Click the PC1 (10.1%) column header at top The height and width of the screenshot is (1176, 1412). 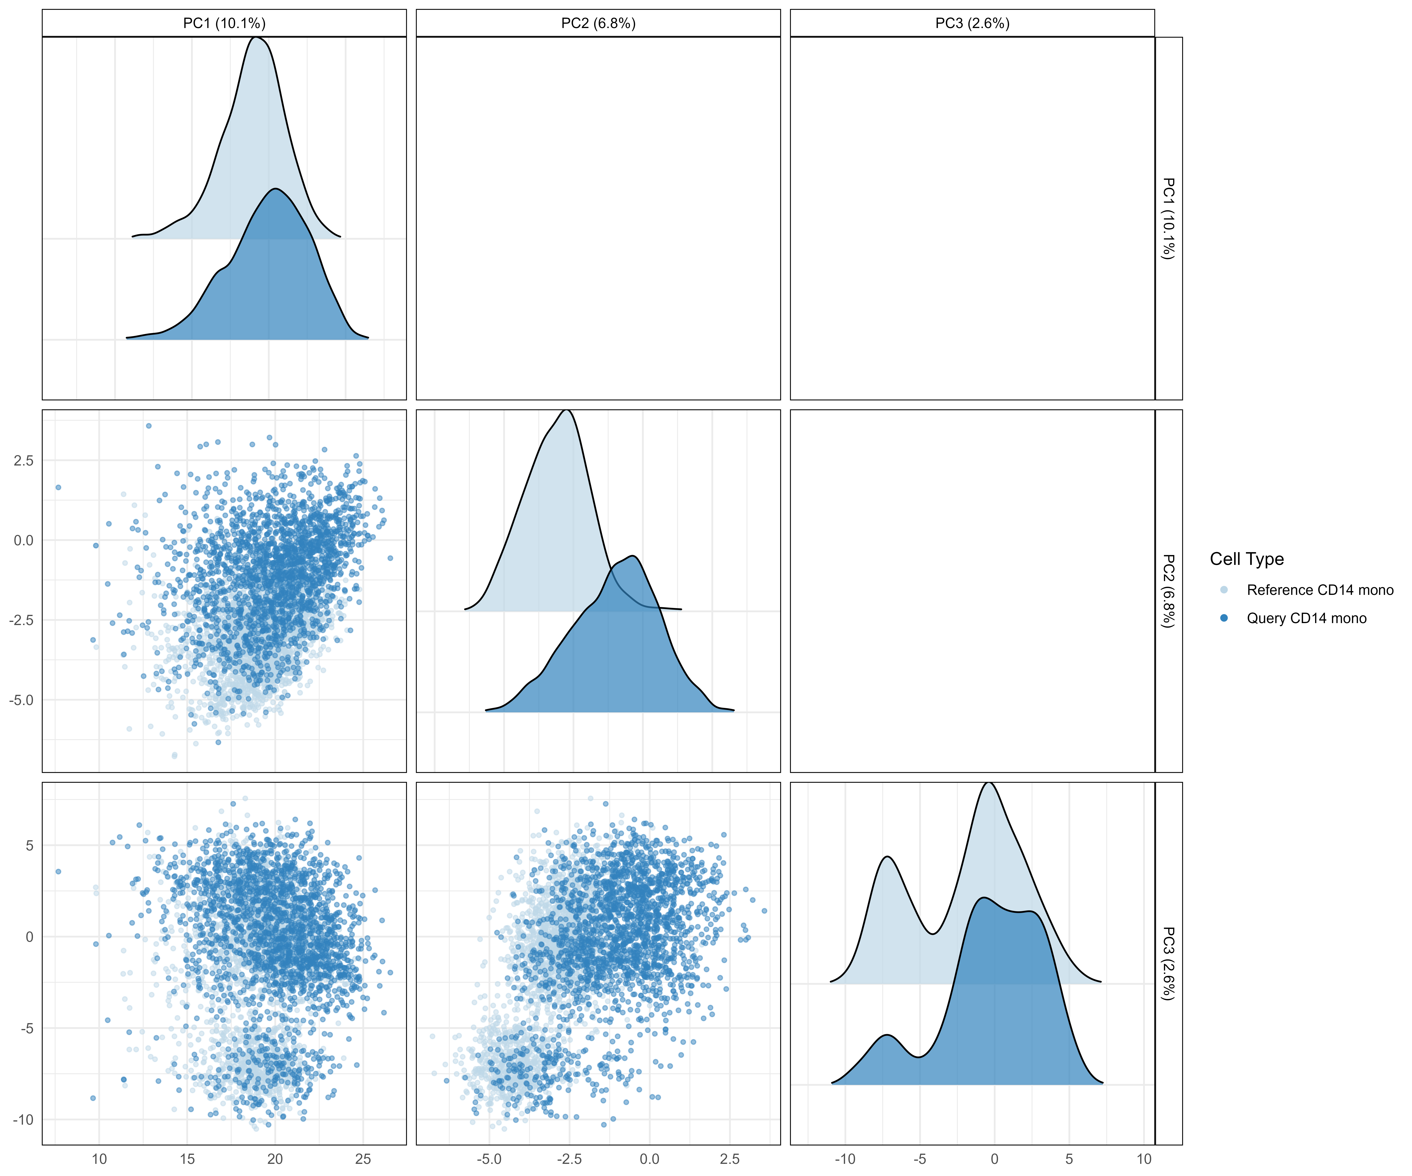[224, 24]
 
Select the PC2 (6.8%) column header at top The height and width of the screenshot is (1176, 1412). [598, 24]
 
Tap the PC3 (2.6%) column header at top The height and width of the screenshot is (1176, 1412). [972, 24]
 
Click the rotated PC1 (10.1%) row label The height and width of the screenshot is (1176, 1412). [1169, 218]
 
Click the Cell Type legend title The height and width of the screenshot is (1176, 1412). [1247, 559]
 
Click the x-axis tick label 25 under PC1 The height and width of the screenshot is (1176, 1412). [363, 1159]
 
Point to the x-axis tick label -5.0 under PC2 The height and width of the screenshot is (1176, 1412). [489, 1159]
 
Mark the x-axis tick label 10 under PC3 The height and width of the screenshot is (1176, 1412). [1144, 1159]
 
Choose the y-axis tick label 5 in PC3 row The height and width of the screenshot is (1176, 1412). [30, 845]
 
